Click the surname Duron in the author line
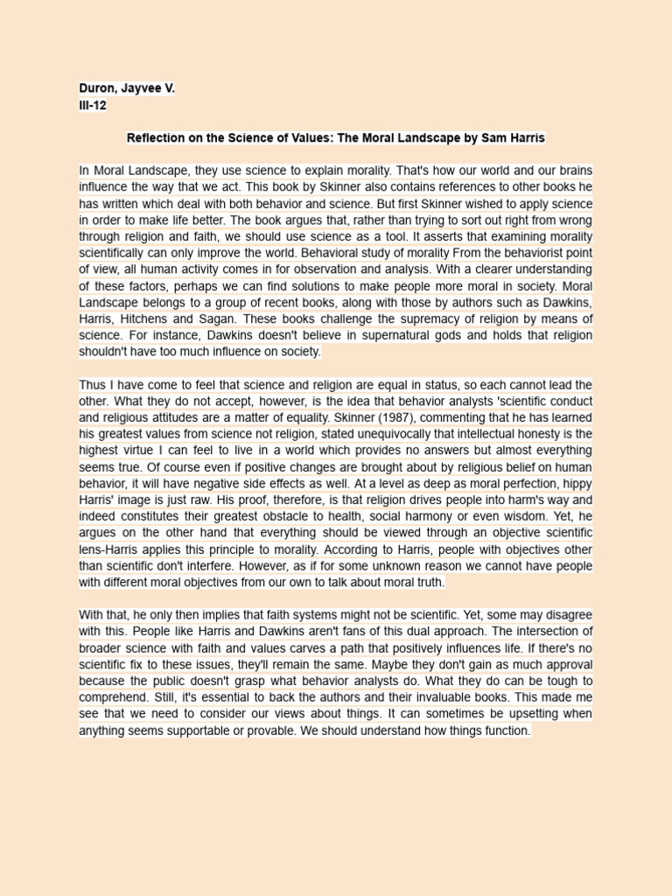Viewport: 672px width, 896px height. (97, 88)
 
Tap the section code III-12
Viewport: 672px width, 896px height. (92, 105)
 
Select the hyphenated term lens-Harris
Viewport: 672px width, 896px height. (115, 550)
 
